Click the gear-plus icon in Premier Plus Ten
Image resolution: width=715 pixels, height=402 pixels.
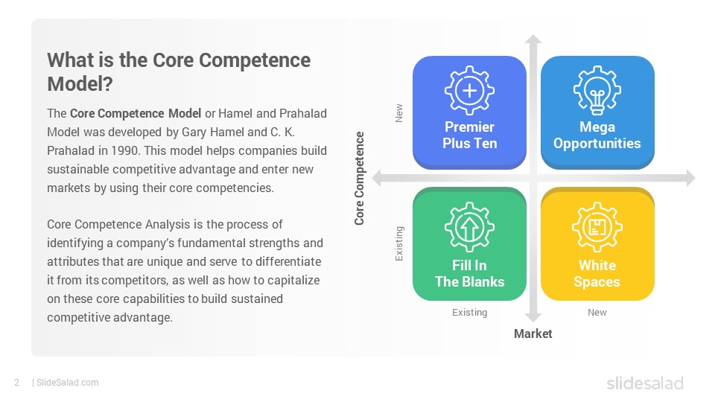[x=469, y=90]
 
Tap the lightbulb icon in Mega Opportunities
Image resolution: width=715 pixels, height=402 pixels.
[x=597, y=90]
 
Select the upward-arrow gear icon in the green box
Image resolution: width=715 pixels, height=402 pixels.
[x=469, y=227]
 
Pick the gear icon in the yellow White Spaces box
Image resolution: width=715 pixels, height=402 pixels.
[x=597, y=227]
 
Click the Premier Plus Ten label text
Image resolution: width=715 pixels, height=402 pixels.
[x=470, y=135]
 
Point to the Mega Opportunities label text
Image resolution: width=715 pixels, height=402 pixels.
[x=597, y=135]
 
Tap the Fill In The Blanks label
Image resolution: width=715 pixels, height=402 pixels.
[x=470, y=273]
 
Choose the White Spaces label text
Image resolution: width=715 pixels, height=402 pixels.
[x=597, y=274]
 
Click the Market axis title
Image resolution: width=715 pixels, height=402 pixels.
[x=533, y=334]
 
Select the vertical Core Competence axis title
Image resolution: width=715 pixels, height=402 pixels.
[x=359, y=178]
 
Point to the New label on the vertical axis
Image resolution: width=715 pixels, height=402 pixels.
[x=399, y=113]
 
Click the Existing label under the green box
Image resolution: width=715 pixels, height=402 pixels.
[x=470, y=312]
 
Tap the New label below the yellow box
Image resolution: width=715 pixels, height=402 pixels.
[x=597, y=312]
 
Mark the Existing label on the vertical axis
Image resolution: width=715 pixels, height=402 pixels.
[x=399, y=243]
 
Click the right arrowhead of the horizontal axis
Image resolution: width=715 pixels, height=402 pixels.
[x=691, y=178]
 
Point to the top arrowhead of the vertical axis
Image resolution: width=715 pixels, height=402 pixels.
[x=533, y=39]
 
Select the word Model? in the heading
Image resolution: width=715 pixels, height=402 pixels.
[x=80, y=84]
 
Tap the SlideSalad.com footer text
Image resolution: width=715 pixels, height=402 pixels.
[x=68, y=383]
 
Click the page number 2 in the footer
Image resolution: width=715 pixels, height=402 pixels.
[x=17, y=383]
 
